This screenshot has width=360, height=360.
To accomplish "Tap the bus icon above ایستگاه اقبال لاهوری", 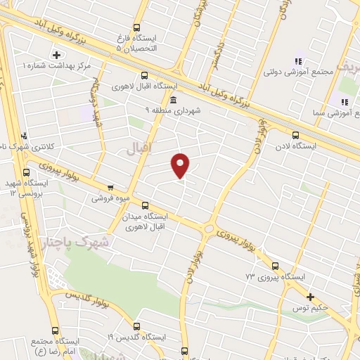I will click(x=145, y=75).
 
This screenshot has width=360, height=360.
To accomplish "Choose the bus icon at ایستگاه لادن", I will click(x=295, y=135).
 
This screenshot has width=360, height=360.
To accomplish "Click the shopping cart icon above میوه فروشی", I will click(x=110, y=188).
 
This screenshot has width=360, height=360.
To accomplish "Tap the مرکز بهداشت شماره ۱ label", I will click(x=58, y=65).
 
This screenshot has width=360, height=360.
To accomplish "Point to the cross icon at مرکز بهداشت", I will click(x=56, y=53).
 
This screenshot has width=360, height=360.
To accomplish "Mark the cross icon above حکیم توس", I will click(x=310, y=297).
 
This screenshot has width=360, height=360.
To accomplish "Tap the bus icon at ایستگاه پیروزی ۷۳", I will click(x=274, y=266).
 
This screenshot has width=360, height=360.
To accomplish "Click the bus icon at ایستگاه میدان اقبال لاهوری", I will click(x=145, y=206).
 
